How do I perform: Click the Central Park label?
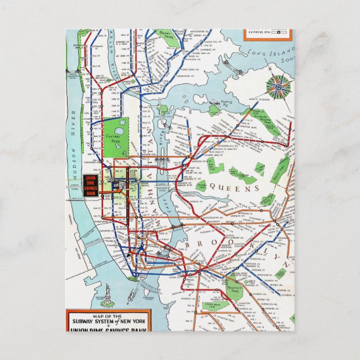point(116,136)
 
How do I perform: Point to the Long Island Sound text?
point(263,53)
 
